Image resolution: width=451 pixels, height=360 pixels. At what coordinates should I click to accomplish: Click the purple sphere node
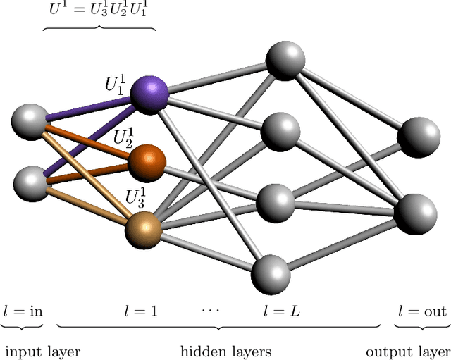click(149, 95)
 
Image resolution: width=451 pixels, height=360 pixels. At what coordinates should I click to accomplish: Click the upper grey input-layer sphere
click(30, 120)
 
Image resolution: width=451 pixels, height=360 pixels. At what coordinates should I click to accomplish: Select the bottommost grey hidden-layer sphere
click(271, 273)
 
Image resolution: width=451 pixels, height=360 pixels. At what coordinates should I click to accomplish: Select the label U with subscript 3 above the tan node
click(137, 197)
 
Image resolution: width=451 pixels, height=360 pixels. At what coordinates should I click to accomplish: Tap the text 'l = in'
click(23, 311)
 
